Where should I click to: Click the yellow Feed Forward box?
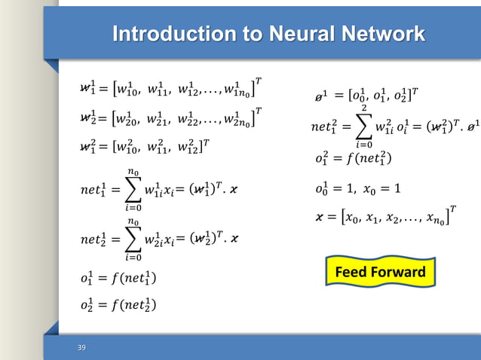380,272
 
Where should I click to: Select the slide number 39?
81,347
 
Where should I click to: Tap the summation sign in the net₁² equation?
364,129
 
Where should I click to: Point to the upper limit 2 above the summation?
364,108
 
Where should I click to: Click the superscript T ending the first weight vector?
259,81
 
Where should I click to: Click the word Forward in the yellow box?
399,272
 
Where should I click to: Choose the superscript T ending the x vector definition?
454,208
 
